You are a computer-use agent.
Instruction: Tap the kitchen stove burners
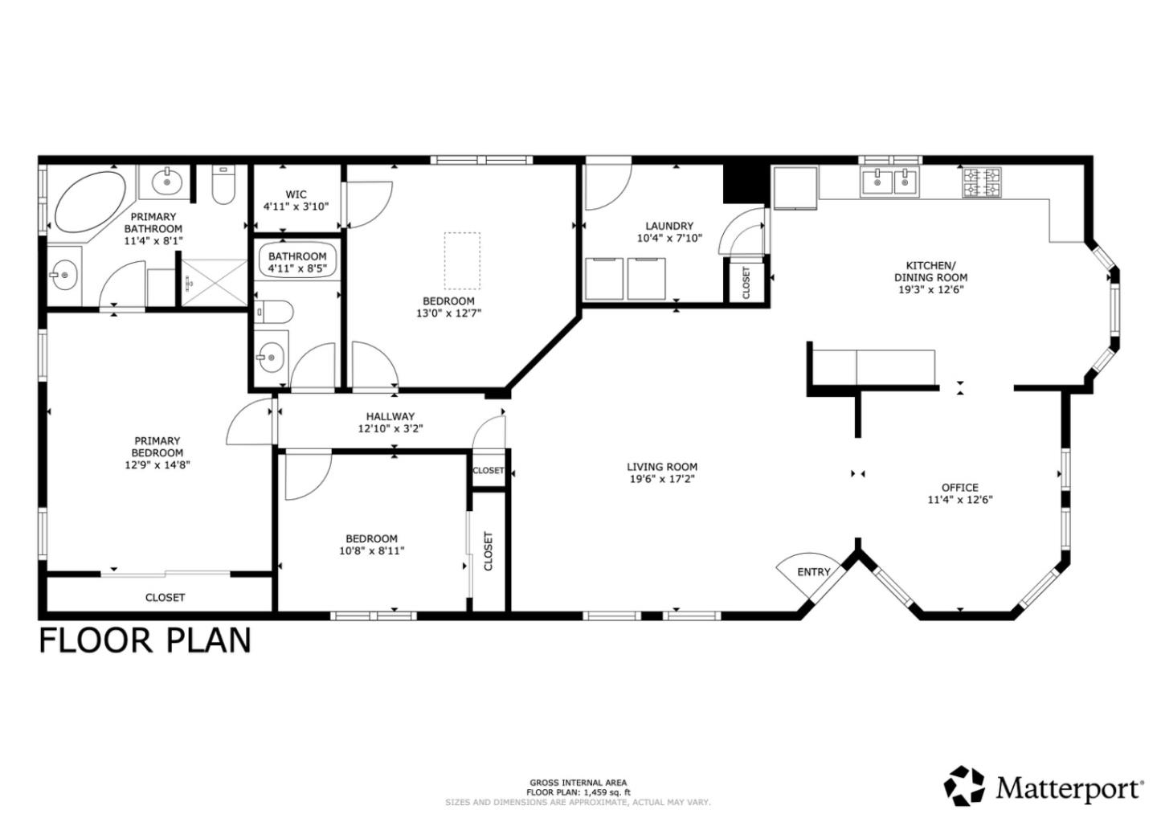click(982, 182)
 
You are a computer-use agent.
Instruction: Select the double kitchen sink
click(890, 182)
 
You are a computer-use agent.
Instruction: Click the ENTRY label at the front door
click(813, 572)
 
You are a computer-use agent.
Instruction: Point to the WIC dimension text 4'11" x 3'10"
click(296, 207)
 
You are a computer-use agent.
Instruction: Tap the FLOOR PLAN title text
click(145, 640)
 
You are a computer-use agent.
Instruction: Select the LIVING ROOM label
click(662, 467)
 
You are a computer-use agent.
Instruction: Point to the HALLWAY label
click(390, 416)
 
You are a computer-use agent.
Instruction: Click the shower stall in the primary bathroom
click(212, 282)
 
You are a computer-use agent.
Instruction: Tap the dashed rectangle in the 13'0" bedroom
click(462, 260)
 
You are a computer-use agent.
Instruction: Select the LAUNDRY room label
click(668, 226)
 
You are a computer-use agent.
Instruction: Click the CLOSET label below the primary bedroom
click(165, 597)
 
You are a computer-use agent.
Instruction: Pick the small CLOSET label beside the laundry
click(746, 283)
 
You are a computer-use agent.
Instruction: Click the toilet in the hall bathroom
click(272, 310)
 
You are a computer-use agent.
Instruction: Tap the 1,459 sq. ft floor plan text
click(578, 792)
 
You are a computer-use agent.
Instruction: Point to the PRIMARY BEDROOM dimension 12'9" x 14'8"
click(157, 464)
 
